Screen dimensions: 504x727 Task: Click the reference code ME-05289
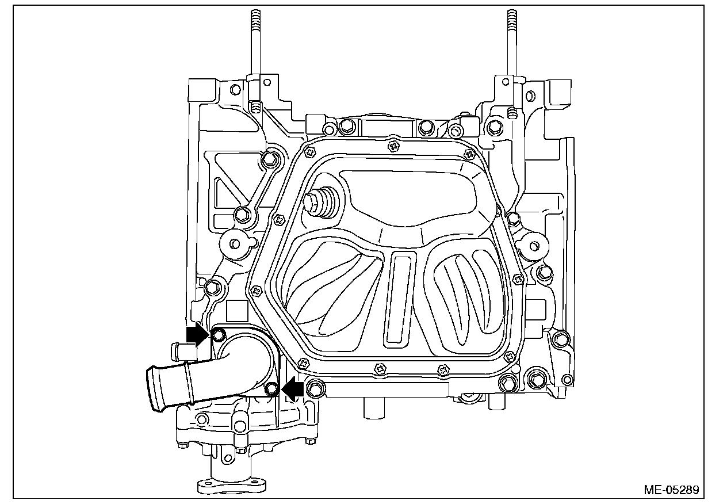tap(671, 490)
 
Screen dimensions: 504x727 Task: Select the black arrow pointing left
tap(293, 389)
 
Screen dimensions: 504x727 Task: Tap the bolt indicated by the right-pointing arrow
tap(218, 335)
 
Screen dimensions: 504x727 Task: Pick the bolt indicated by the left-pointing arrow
tap(272, 390)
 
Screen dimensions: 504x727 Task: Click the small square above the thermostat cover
tap(237, 311)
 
